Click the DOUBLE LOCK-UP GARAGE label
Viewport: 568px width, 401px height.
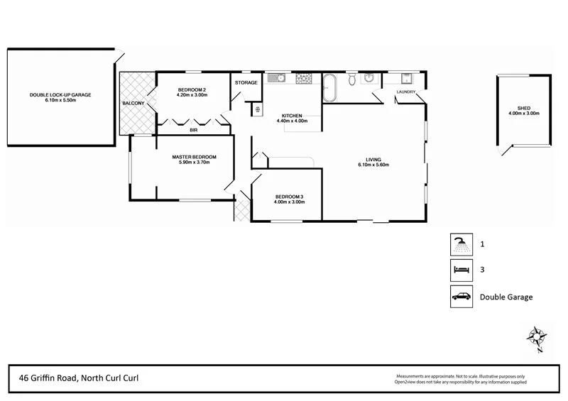click(60, 94)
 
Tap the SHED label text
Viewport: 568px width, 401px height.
click(524, 108)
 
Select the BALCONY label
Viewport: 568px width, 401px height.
click(133, 104)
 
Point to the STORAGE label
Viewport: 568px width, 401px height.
click(246, 83)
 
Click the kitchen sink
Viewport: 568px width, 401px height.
click(278, 78)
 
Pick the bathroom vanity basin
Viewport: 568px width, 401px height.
click(371, 78)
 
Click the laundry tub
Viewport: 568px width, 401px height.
click(408, 78)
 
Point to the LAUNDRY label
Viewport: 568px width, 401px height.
click(406, 92)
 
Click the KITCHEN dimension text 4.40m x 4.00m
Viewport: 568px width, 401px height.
click(292, 121)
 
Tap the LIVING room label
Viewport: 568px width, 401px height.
click(373, 160)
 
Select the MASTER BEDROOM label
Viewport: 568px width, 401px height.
click(194, 157)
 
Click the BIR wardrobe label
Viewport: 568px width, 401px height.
click(193, 131)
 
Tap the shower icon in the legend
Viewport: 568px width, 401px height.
click(461, 244)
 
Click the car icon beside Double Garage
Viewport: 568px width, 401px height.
click(461, 297)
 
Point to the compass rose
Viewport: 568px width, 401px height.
click(537, 336)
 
